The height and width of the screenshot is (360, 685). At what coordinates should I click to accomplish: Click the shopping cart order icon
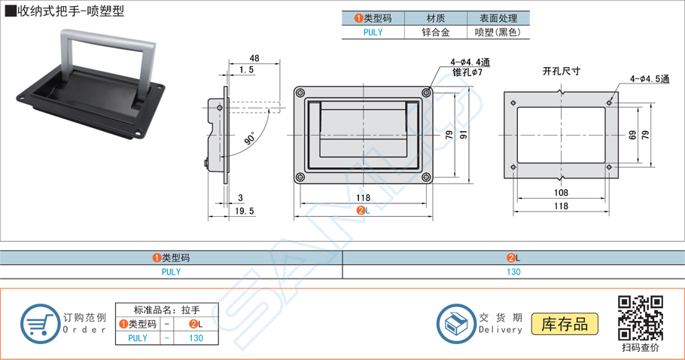tap(38, 323)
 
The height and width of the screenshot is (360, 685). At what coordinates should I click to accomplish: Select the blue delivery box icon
tap(455, 325)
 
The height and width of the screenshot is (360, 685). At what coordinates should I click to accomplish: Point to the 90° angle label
tap(250, 140)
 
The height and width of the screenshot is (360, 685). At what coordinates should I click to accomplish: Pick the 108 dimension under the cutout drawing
tap(561, 193)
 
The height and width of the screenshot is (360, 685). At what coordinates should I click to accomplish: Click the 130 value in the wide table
tap(513, 272)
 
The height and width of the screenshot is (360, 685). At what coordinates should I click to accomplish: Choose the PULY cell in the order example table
tap(138, 338)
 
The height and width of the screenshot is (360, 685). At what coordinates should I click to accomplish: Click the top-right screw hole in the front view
tap(427, 92)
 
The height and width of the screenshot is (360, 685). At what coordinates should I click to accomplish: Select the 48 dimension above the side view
tap(254, 58)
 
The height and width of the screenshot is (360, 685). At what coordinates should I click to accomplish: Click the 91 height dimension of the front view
tap(464, 134)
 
